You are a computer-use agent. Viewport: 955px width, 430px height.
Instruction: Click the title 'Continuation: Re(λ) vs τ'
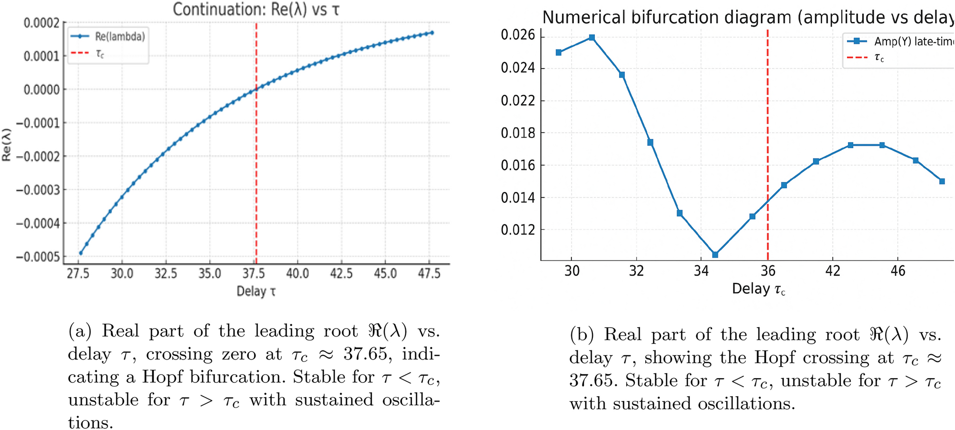[256, 10]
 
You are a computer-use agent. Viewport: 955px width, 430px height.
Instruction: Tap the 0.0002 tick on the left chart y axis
[42, 23]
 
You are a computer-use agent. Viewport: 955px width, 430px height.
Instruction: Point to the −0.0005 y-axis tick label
[38, 257]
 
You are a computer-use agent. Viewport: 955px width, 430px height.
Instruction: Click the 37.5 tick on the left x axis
[254, 274]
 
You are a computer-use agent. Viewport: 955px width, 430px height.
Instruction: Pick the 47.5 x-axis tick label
[429, 274]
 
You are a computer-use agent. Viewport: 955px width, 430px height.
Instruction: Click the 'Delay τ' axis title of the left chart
[256, 291]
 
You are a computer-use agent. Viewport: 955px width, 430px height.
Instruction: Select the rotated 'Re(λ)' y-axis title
[7, 145]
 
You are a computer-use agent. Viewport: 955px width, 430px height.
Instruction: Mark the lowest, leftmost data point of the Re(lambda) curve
[80, 253]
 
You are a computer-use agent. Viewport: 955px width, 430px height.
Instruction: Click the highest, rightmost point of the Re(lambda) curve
[432, 32]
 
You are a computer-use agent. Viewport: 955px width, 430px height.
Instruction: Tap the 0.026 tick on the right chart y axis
[518, 36]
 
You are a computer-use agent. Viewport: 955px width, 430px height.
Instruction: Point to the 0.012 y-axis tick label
[518, 230]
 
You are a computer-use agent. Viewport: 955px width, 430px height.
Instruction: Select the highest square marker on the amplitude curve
[592, 38]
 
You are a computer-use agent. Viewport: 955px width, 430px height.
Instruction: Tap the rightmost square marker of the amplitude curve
[942, 181]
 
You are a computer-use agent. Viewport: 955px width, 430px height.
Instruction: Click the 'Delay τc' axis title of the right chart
[758, 289]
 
